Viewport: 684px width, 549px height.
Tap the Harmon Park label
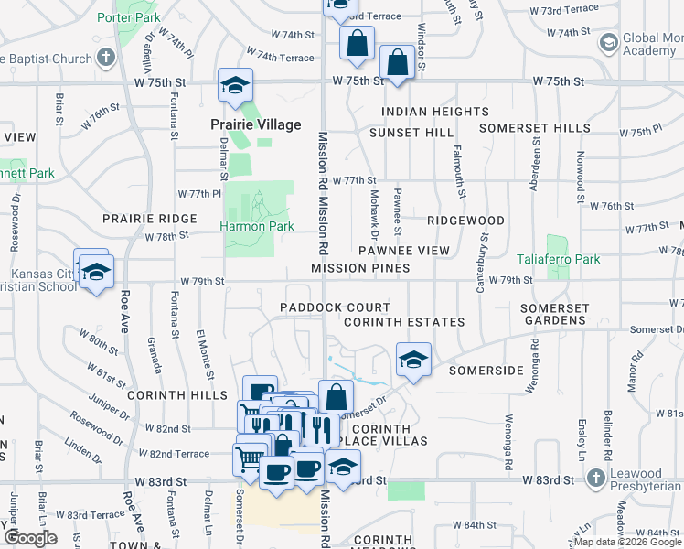(x=256, y=226)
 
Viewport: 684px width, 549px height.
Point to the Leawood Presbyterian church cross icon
(x=596, y=479)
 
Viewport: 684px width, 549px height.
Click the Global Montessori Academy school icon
(x=608, y=42)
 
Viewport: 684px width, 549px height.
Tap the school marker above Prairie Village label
(x=235, y=86)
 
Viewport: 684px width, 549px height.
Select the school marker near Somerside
(x=413, y=359)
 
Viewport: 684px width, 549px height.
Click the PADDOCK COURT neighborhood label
(x=335, y=307)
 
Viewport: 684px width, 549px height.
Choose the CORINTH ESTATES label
(x=404, y=322)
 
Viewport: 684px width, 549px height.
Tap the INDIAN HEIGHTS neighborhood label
(x=435, y=112)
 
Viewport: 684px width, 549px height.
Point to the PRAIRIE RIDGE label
(x=150, y=219)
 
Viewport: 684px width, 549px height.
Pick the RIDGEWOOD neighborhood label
(x=466, y=221)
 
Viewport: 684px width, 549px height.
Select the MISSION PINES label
(x=360, y=268)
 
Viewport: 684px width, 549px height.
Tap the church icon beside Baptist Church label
(x=106, y=58)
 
